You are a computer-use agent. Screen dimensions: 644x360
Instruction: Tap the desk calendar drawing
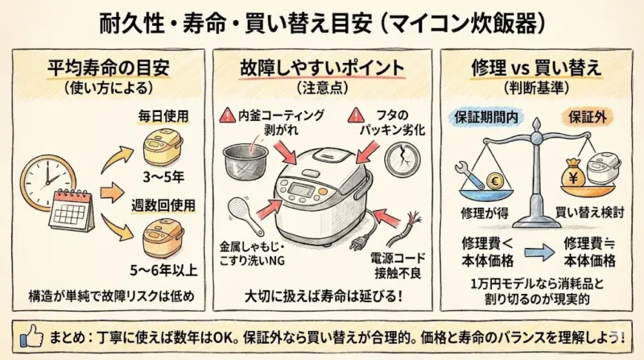click(72, 210)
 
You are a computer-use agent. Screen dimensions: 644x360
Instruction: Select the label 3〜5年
click(163, 177)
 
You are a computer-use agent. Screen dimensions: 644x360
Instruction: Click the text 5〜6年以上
click(163, 270)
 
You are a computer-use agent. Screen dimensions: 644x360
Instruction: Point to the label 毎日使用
click(163, 116)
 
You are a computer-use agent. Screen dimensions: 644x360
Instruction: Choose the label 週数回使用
click(163, 205)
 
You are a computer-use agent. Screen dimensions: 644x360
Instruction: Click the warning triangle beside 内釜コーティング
click(227, 116)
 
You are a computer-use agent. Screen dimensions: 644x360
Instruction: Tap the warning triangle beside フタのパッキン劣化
click(355, 116)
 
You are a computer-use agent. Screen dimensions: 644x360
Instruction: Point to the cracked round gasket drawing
click(402, 159)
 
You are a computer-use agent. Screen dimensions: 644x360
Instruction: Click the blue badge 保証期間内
click(486, 118)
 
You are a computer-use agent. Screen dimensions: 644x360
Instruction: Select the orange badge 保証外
click(588, 118)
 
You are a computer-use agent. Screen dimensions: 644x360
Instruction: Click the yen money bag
click(573, 174)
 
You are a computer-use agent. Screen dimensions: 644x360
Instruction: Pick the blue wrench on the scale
click(472, 176)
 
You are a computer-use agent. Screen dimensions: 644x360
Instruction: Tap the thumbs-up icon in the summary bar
click(31, 337)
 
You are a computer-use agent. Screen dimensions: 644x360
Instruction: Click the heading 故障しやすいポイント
click(323, 68)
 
